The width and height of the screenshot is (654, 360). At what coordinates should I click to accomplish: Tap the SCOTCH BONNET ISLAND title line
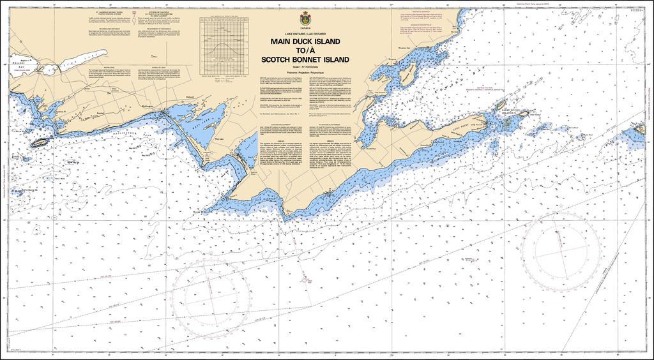301,59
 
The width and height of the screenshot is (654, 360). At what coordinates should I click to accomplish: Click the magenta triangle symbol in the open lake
307,279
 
